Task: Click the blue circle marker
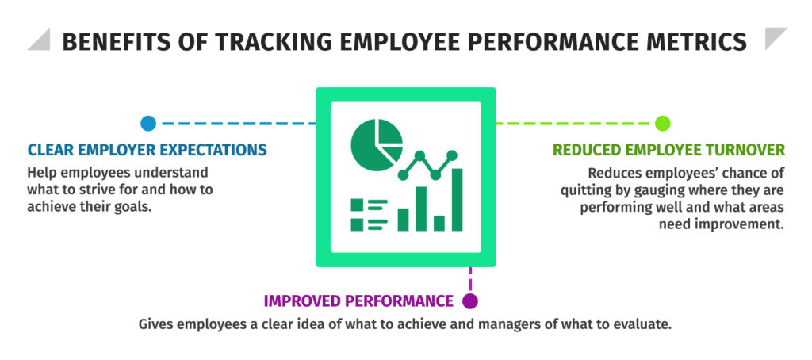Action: pyautogui.click(x=147, y=123)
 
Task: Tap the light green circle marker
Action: pyautogui.click(x=663, y=123)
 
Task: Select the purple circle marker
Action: pyautogui.click(x=470, y=301)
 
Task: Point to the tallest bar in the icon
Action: pyautogui.click(x=458, y=199)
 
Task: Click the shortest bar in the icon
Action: pyautogui.click(x=439, y=223)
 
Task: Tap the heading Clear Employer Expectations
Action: pyautogui.click(x=147, y=149)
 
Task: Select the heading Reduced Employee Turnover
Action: pyautogui.click(x=669, y=150)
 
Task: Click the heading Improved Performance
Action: pyautogui.click(x=358, y=301)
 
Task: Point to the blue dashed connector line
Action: pyautogui.click(x=238, y=123)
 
